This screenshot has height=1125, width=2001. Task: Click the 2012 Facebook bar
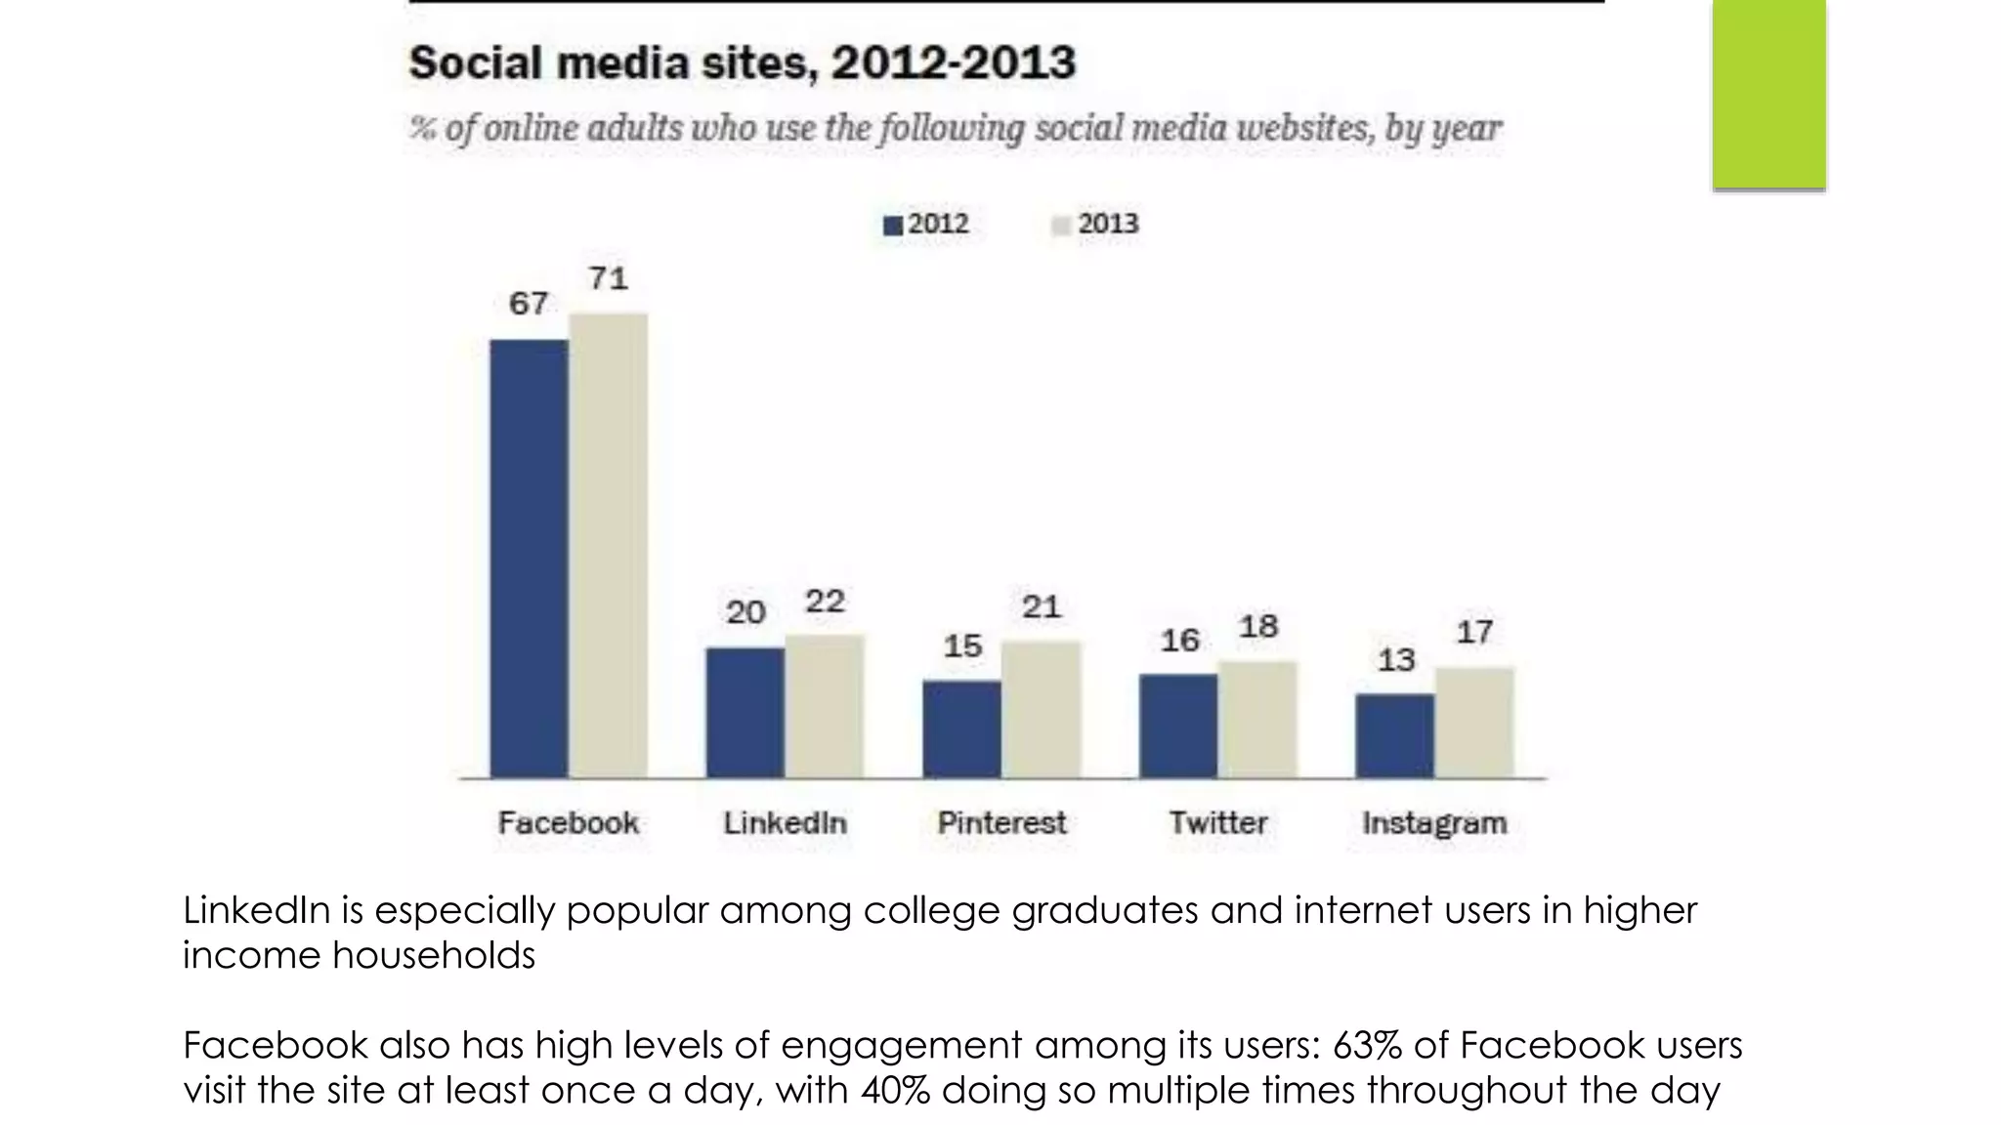tap(529, 559)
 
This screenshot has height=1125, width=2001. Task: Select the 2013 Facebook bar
tap(608, 545)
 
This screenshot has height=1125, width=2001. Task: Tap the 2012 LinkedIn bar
tap(745, 712)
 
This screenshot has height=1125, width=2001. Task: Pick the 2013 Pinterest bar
tap(1041, 709)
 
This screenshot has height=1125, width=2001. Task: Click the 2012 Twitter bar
tap(1177, 726)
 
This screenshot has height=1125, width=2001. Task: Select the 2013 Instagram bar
tap(1474, 723)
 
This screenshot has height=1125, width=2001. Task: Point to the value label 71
tap(608, 279)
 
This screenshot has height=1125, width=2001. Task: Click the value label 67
tap(529, 304)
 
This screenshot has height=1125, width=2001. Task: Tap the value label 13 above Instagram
tap(1395, 660)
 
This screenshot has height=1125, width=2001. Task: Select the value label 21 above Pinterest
tap(1041, 607)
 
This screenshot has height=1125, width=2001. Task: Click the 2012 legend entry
tap(926, 225)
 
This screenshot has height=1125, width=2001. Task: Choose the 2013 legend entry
tap(1095, 225)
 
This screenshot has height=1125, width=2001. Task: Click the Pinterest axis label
tap(1001, 823)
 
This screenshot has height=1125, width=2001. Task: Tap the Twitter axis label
tap(1217, 823)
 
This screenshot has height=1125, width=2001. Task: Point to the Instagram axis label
tap(1434, 823)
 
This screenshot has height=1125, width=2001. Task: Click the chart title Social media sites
tap(742, 63)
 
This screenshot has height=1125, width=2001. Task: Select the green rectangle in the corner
tap(1768, 94)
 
